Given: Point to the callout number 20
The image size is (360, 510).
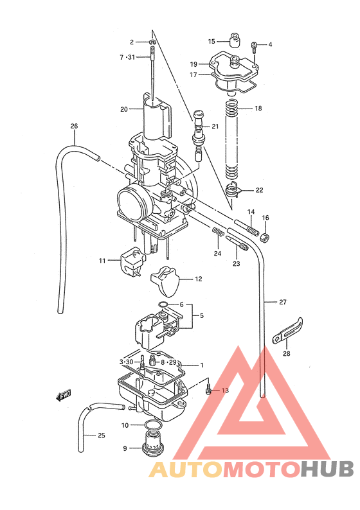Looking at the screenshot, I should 124,109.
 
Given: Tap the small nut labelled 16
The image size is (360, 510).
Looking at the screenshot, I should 266,238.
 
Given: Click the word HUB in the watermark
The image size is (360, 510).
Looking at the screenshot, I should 326,470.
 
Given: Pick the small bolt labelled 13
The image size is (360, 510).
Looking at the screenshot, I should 208,390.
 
